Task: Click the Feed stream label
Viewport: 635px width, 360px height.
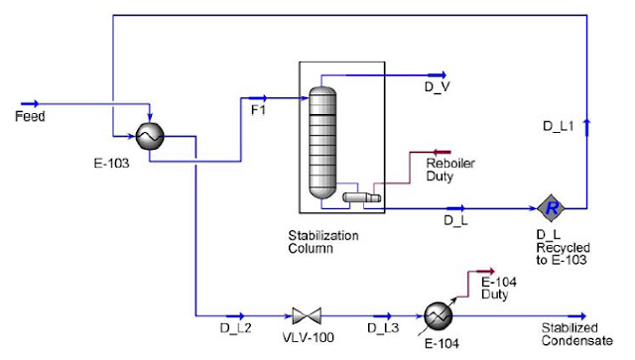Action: click(30, 116)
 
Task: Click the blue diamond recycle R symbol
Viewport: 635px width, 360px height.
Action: click(551, 208)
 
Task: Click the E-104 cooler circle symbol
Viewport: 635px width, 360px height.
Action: click(437, 315)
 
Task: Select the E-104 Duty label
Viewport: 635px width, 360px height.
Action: click(497, 288)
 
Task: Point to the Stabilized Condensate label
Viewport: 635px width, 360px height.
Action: click(571, 333)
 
